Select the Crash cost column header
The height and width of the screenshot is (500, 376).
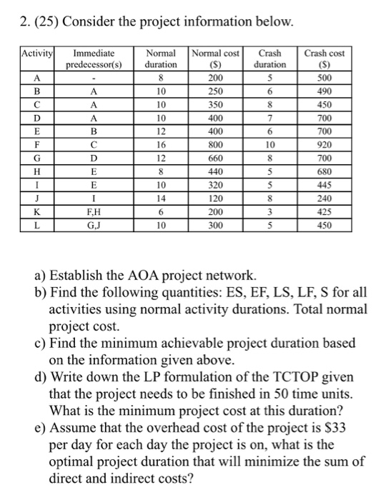(x=324, y=58)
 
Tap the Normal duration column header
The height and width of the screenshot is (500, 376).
(x=161, y=58)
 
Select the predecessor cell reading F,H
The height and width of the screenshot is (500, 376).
(x=94, y=211)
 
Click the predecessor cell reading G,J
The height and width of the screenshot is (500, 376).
(x=94, y=224)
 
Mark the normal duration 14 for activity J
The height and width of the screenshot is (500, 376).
(x=161, y=198)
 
